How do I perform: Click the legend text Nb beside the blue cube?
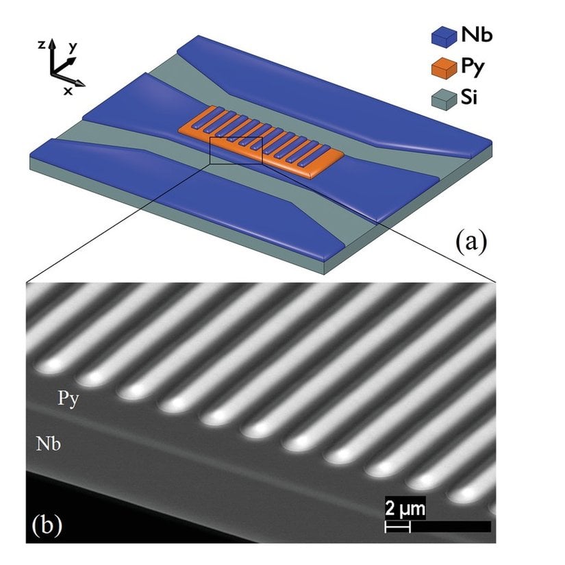pos(477,36)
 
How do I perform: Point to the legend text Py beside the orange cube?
pos(473,68)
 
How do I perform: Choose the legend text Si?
pos(469,97)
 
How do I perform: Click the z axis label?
pos(42,45)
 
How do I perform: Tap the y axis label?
pos(73,47)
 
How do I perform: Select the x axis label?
pos(68,91)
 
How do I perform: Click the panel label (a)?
pos(471,242)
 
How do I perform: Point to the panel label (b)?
pos(47,525)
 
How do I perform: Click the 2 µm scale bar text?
pos(405,509)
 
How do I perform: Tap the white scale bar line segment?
pos(397,527)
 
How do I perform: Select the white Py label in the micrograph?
pos(68,399)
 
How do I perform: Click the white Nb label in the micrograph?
pos(49,443)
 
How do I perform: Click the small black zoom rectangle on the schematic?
pos(236,151)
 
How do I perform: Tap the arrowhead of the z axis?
pos(53,43)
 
